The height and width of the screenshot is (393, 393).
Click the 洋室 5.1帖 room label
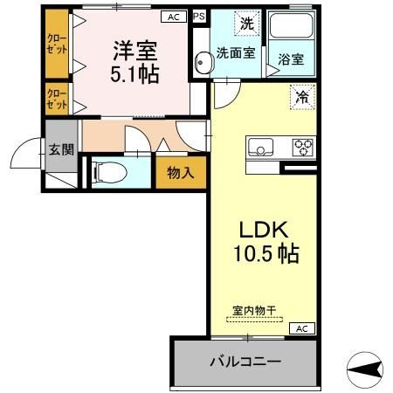134,62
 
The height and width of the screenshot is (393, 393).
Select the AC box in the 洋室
174,17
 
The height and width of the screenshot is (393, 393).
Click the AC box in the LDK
302,328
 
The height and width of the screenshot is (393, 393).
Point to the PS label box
199,17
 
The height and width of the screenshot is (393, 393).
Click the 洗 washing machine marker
247,24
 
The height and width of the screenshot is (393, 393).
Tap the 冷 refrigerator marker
303,97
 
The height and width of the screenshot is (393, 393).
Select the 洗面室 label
236,53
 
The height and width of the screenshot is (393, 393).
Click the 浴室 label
291,59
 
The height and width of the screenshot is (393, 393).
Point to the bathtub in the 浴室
292,25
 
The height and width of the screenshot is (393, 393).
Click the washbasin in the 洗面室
203,62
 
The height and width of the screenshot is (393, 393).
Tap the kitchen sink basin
260,147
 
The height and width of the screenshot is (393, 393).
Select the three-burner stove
303,148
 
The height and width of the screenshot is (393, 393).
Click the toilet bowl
109,172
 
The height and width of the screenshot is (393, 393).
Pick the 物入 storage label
181,173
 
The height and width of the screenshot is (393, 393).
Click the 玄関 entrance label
61,149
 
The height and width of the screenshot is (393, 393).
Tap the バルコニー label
245,362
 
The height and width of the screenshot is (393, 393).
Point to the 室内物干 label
254,310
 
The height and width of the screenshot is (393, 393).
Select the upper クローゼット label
57,45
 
